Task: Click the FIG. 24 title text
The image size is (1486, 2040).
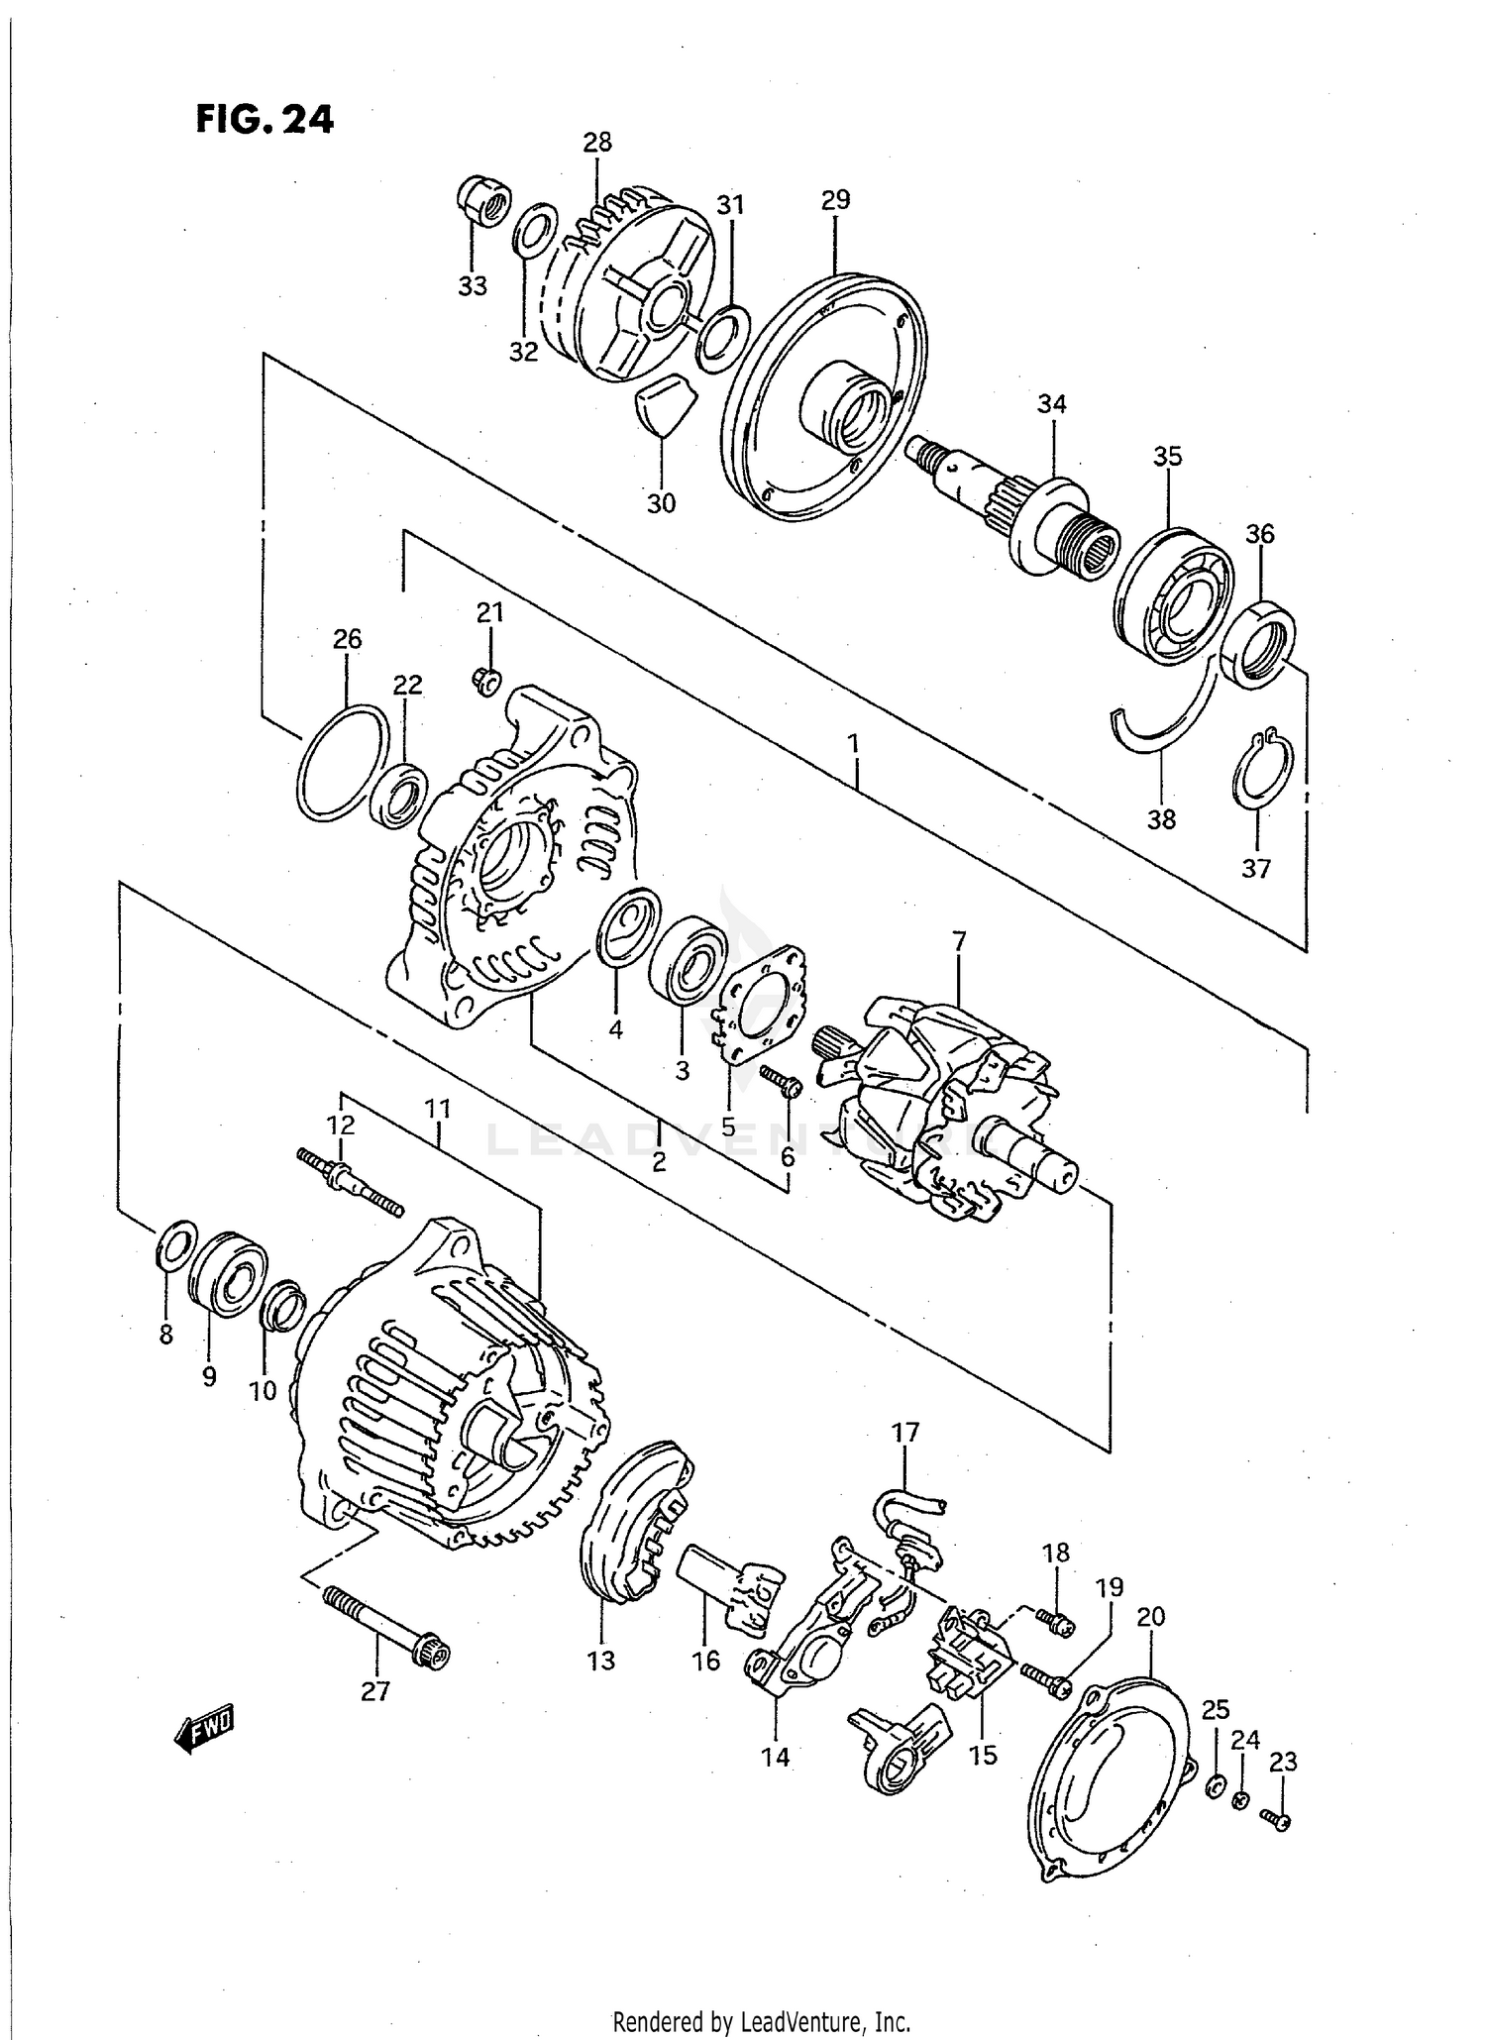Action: pyautogui.click(x=265, y=120)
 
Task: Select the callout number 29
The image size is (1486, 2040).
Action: pyautogui.click(x=835, y=200)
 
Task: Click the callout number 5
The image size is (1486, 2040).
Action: pyautogui.click(x=728, y=1127)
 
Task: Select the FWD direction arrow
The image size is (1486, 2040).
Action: pyautogui.click(x=205, y=1726)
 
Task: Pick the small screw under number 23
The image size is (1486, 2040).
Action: pyautogui.click(x=1276, y=1819)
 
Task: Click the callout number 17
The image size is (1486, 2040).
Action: pyautogui.click(x=905, y=1433)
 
